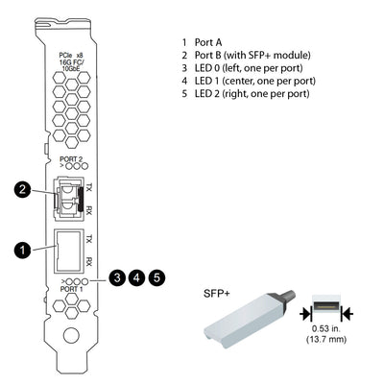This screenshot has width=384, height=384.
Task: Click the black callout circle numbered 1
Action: [20, 250]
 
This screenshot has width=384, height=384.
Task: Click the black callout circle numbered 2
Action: [20, 190]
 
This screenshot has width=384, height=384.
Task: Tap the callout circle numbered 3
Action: [116, 277]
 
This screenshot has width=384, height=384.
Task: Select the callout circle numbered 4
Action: [137, 277]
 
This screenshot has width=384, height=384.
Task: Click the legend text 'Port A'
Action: [209, 42]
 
